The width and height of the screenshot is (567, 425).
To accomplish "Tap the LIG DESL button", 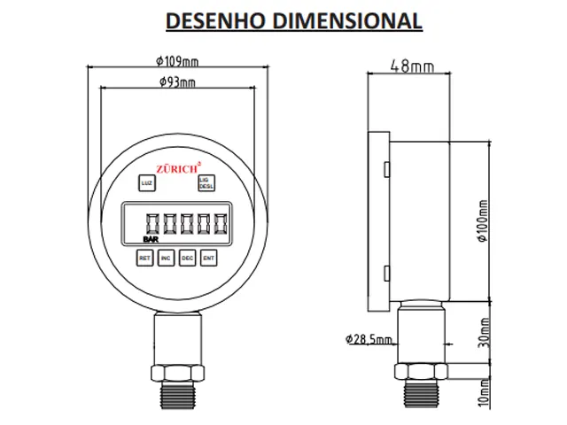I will pos(206,183).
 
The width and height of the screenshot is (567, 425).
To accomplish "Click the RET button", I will pos(144,258).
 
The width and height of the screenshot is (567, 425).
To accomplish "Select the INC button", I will pos(166,258).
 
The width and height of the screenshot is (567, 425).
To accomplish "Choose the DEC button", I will pos(187,258).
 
